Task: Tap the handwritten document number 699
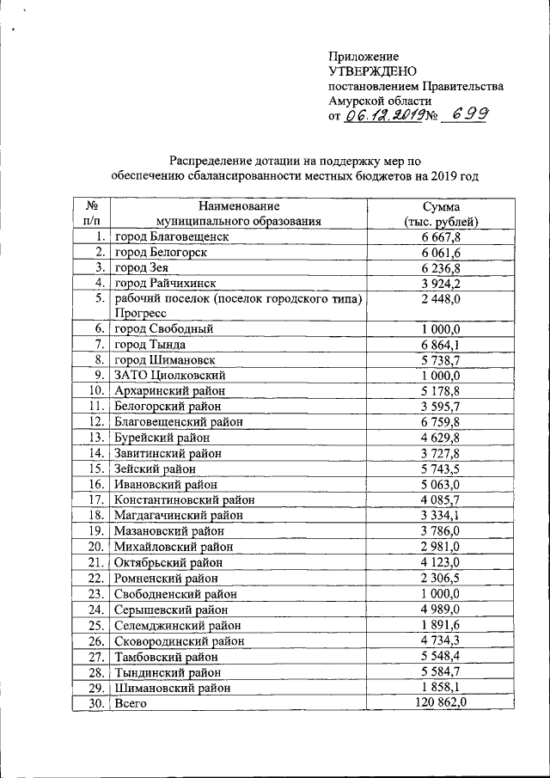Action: (x=464, y=115)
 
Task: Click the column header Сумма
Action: (x=441, y=206)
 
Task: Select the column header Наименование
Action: (x=239, y=206)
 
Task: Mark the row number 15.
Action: (x=96, y=469)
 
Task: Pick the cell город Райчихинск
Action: (x=165, y=283)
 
